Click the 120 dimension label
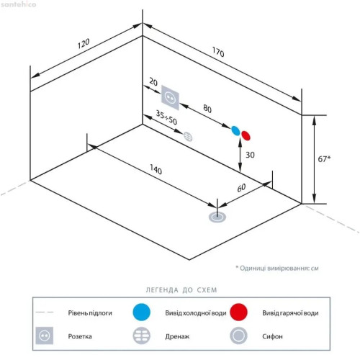click(84, 43)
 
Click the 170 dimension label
click(218, 52)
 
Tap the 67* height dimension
click(324, 159)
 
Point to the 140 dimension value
click(156, 169)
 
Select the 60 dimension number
click(241, 188)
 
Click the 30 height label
click(250, 155)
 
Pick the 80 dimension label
click(207, 109)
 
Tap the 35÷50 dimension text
click(166, 117)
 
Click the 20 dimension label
click(153, 82)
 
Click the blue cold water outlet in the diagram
click(235, 130)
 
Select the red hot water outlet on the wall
click(246, 135)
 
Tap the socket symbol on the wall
click(170, 97)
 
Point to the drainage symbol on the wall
click(188, 137)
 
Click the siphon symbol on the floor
click(217, 217)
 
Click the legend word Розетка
click(80, 336)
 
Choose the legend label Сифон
click(272, 336)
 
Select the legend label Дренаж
click(177, 336)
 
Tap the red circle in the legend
click(238, 312)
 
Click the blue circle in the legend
click(142, 312)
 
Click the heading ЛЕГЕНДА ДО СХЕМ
click(181, 290)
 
